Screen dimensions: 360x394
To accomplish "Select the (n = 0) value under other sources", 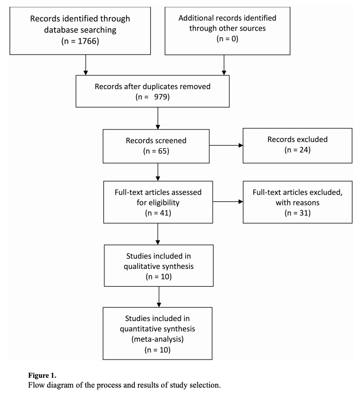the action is tap(228, 38).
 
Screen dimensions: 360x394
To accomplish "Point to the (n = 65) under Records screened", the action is tap(156, 151).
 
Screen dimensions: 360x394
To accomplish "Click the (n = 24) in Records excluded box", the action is tap(297, 150).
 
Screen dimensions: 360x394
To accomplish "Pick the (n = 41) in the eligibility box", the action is tap(158, 213).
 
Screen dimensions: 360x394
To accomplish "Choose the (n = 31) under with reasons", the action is tap(297, 213).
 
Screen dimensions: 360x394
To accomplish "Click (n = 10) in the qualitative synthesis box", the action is tap(159, 276).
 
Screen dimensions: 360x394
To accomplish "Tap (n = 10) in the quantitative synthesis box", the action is tap(158, 350).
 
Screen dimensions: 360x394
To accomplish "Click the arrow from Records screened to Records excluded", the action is tap(226, 145).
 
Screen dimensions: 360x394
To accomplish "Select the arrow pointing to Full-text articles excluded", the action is tap(228, 201).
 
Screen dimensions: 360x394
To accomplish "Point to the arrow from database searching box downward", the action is tap(86, 65).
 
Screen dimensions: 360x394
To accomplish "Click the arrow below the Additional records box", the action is tap(224, 65).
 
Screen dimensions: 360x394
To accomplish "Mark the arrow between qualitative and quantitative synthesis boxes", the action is tap(159, 297).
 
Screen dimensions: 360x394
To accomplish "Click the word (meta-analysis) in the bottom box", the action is tap(158, 339).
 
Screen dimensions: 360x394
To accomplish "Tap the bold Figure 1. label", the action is tap(42, 375).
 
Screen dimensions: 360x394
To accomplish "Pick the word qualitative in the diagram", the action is tap(140, 266).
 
